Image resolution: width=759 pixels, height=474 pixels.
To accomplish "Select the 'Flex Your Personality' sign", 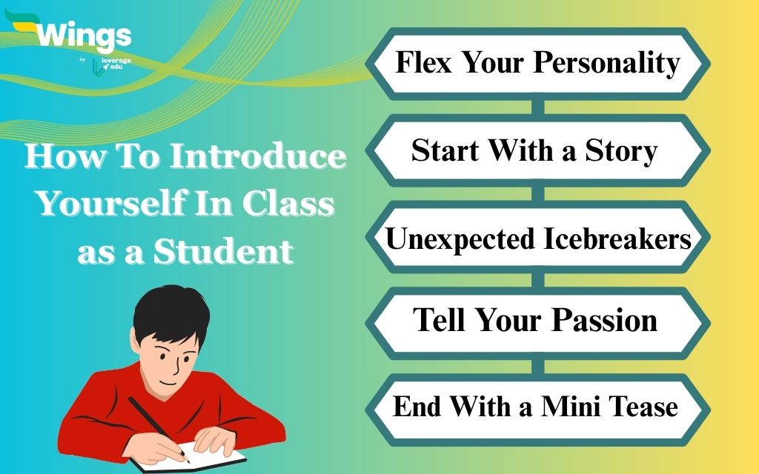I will pyautogui.click(x=537, y=63).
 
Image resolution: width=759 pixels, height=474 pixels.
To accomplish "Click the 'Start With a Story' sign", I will pyautogui.click(x=534, y=151).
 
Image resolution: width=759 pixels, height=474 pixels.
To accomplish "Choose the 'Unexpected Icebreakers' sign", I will pyautogui.click(x=538, y=238).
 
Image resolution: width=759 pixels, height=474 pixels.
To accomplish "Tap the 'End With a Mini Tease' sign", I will pyautogui.click(x=535, y=406).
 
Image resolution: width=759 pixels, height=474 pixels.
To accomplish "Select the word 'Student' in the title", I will pyautogui.click(x=223, y=252).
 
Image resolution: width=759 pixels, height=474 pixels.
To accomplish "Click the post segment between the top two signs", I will pyautogui.click(x=538, y=106).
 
